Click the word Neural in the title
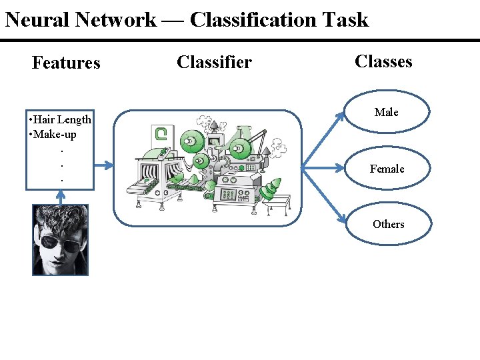37,20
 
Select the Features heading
66,63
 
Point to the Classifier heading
214,62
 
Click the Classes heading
383,61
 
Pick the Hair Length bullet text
60,120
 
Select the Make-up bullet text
53,135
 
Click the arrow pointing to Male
323,140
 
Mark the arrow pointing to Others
323,195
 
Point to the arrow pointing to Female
323,168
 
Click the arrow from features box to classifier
103,165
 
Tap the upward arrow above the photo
61,197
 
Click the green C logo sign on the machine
161,134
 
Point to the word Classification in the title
253,20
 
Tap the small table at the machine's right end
277,203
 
